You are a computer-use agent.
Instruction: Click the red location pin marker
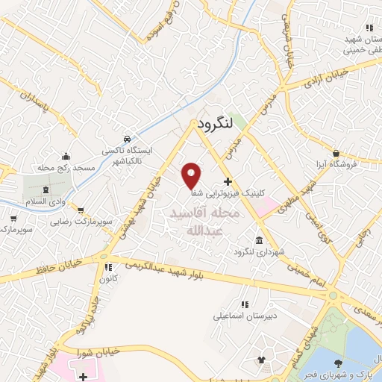point(192,175)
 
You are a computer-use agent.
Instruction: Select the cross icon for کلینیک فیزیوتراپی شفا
point(228,182)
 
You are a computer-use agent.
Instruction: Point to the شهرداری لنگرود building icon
point(259,240)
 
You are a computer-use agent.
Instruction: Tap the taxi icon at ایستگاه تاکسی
point(128,140)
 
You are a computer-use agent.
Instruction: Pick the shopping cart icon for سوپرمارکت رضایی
point(81,211)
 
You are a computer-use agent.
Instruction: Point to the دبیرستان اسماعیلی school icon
point(243,304)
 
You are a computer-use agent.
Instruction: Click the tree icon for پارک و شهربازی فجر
point(339,363)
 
